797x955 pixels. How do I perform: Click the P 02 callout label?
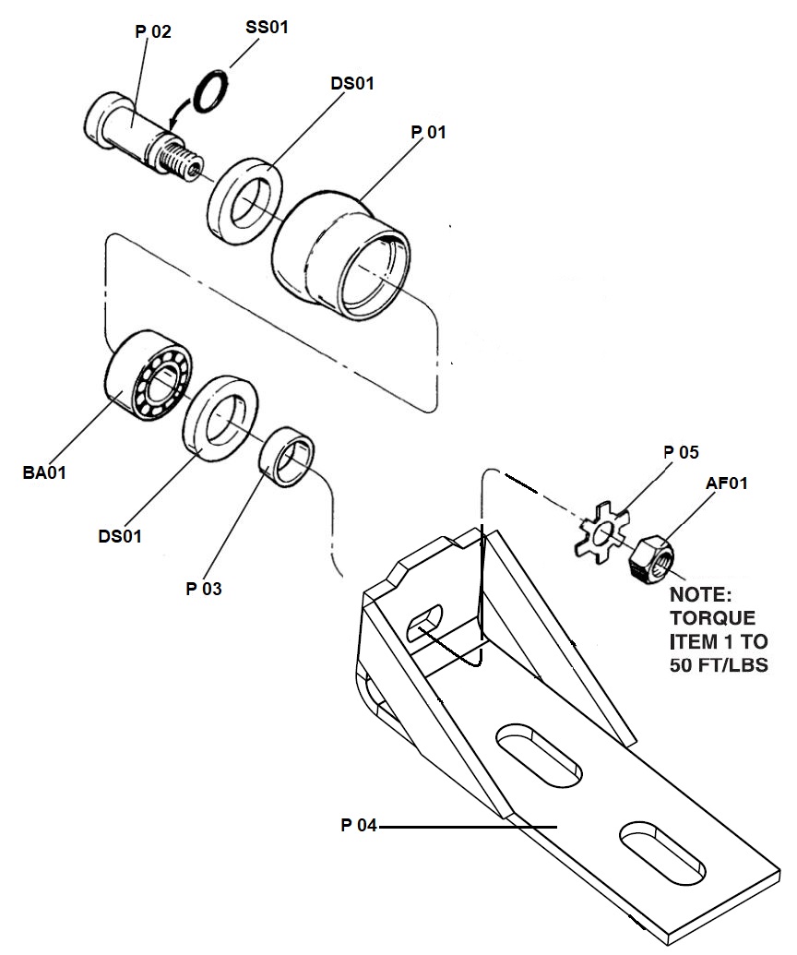[x=153, y=31]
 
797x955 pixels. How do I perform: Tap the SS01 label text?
[x=267, y=28]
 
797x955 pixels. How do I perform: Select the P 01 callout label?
[x=429, y=132]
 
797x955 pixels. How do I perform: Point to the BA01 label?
[x=44, y=472]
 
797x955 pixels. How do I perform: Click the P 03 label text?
[x=204, y=589]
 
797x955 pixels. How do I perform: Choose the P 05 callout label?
[x=682, y=452]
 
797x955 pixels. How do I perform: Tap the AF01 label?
[x=726, y=483]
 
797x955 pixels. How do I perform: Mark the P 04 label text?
[x=359, y=825]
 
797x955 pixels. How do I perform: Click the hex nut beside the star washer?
[x=651, y=556]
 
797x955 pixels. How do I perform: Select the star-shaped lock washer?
[x=602, y=530]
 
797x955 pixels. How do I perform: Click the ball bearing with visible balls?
[x=149, y=376]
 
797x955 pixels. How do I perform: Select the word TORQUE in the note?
[x=713, y=618]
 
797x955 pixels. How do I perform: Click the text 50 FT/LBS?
[x=720, y=664]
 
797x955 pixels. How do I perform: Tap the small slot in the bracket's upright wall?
[x=425, y=623]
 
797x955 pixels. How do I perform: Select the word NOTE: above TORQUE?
[x=701, y=595]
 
